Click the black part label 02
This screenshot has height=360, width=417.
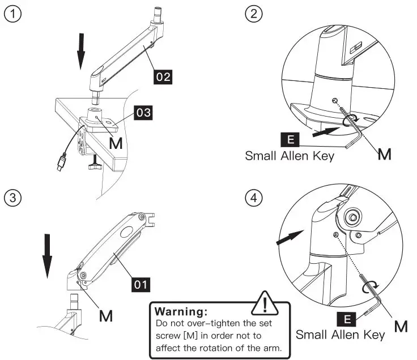pyautogui.click(x=163, y=76)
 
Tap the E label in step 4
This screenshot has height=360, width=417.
pyautogui.click(x=348, y=319)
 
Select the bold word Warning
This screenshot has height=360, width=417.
pyautogui.click(x=181, y=311)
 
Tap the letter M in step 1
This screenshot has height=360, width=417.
pyautogui.click(x=115, y=144)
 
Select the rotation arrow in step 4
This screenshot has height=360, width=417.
pyautogui.click(x=369, y=287)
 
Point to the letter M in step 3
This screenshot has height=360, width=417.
pyautogui.click(x=105, y=314)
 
